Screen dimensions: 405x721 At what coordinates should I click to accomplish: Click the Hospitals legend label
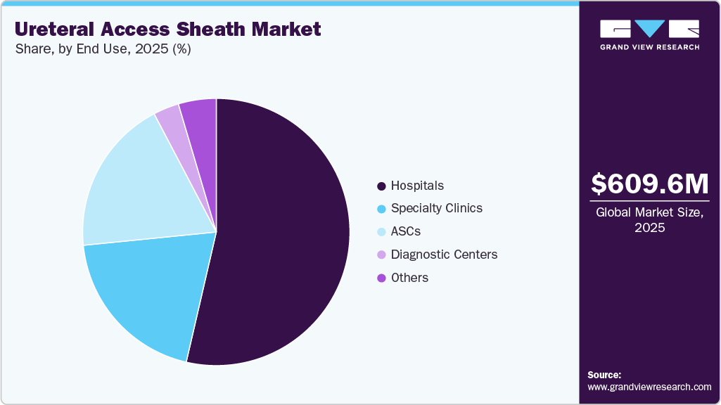coord(417,186)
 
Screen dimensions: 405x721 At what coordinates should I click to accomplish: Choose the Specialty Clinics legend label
coord(437,208)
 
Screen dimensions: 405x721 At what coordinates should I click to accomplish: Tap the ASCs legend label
coord(406,231)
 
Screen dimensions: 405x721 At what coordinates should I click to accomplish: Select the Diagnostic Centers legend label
coord(444,255)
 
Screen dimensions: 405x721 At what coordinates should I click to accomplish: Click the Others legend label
coord(409,278)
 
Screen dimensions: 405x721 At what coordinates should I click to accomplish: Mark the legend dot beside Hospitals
coord(381,186)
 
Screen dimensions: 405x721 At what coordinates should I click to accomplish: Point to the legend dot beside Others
coord(381,278)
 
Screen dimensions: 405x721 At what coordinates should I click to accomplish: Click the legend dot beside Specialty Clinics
coord(381,209)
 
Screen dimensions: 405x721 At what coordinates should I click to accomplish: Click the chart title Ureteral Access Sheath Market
coord(167,29)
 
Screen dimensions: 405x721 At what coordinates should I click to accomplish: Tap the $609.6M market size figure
coord(649,184)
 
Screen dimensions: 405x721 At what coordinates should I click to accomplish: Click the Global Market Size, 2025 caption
coord(649,220)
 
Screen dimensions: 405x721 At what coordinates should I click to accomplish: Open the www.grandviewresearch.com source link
coord(649,387)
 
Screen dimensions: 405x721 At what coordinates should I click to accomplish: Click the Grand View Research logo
coord(649,34)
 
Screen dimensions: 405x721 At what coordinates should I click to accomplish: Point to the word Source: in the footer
coord(604,375)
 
